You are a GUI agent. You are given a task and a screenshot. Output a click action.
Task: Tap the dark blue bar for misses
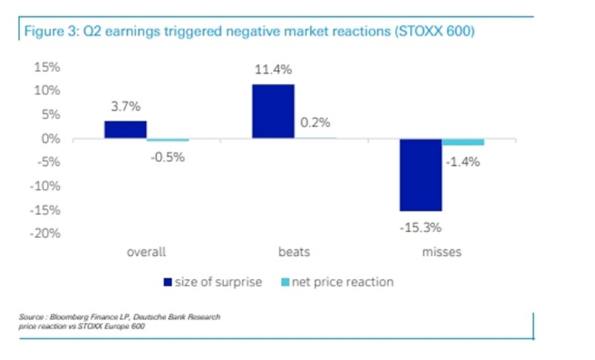(x=421, y=175)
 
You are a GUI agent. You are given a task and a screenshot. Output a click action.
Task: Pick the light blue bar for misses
(x=463, y=142)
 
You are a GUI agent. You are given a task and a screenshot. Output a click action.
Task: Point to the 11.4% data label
(x=273, y=71)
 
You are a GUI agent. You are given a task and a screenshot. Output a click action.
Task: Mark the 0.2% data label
(x=315, y=123)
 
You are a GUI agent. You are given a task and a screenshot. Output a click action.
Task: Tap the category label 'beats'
(x=294, y=251)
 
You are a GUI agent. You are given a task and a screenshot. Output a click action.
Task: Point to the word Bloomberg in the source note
(x=72, y=318)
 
